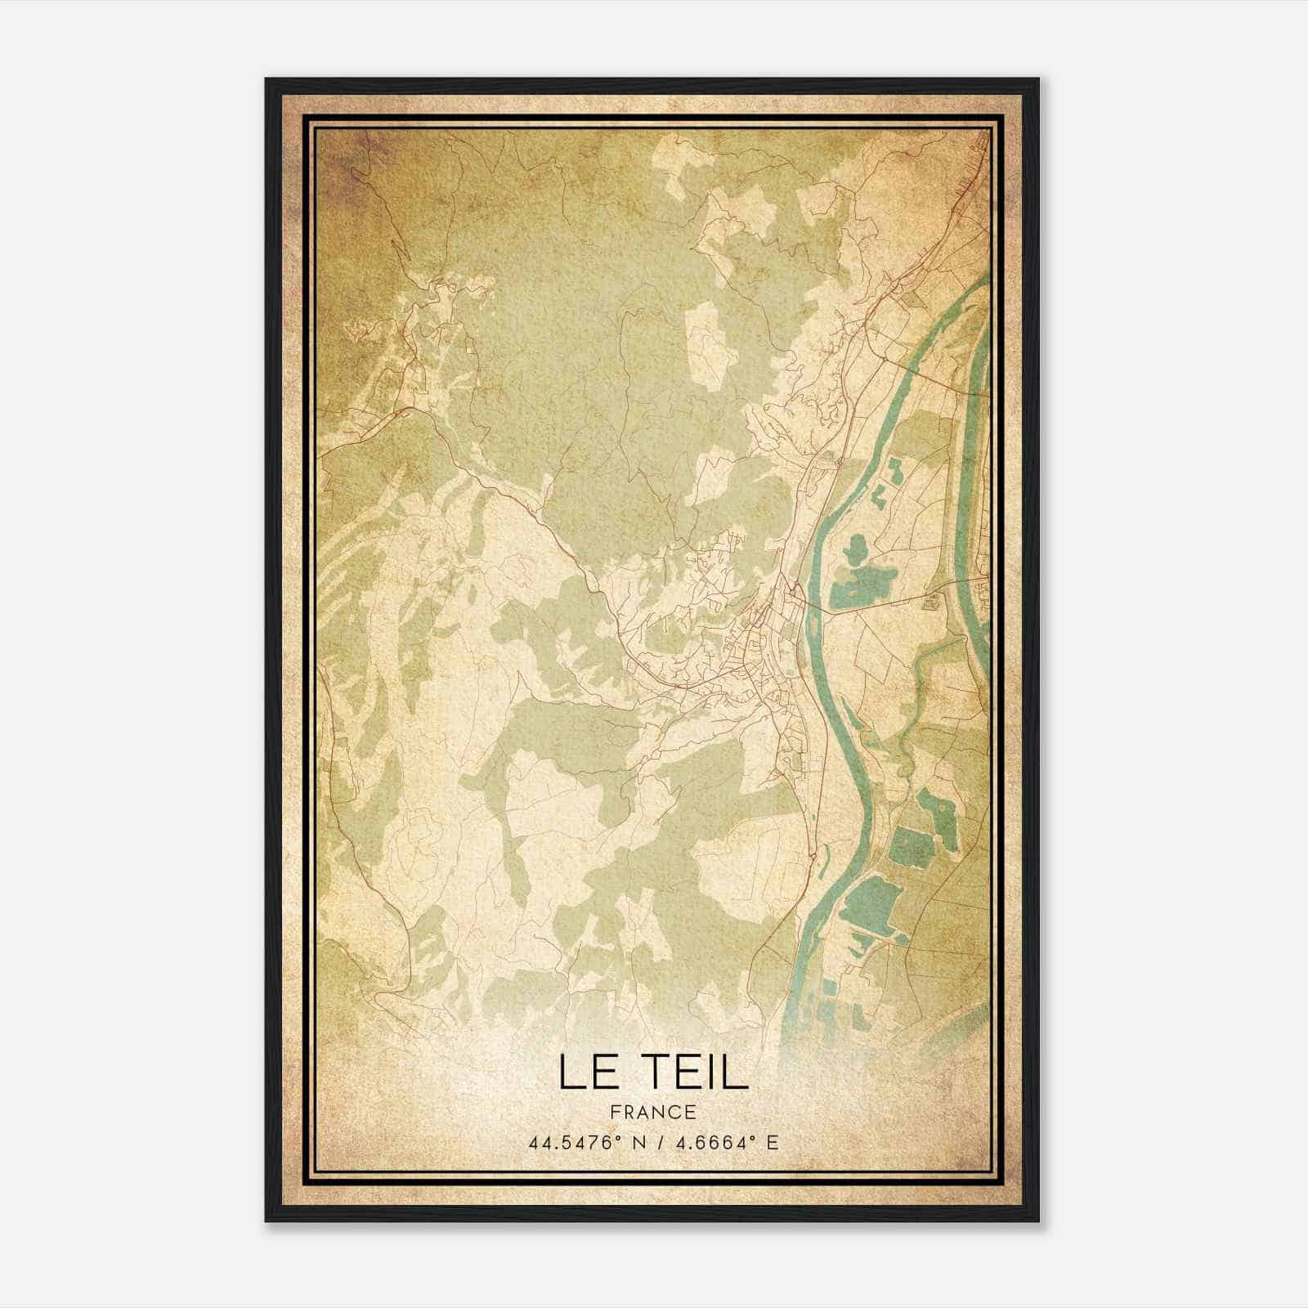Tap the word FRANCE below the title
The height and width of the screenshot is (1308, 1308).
point(652,1113)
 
